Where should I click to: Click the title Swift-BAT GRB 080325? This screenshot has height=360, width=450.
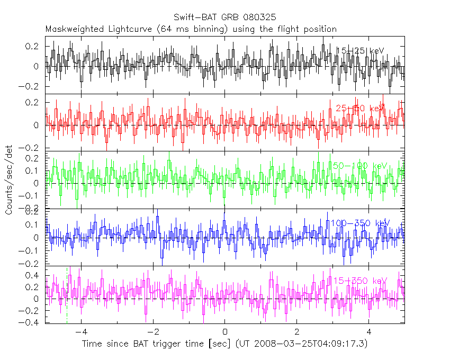(224, 18)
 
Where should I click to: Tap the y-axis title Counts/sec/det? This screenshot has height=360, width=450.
(9, 181)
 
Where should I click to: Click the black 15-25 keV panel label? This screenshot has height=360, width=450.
(360, 51)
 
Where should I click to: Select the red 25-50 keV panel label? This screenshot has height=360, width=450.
(360, 109)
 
